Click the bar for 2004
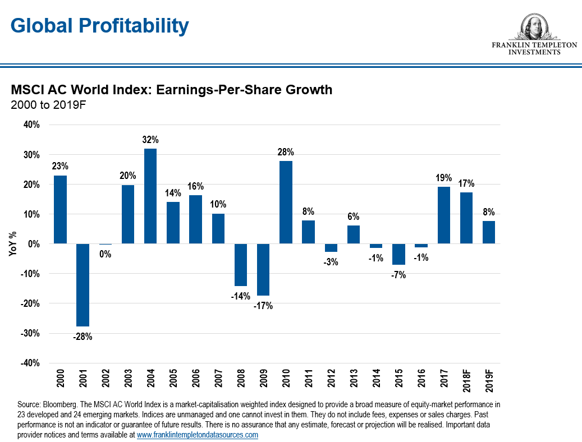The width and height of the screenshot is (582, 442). coord(150,196)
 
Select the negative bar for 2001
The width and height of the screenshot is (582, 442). coord(83,285)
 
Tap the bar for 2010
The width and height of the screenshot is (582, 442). coord(286,202)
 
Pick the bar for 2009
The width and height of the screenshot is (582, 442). coord(263,270)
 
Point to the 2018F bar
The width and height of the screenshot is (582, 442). coord(466,218)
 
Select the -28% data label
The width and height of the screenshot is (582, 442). coord(83,337)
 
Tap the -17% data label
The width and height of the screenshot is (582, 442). coord(263,306)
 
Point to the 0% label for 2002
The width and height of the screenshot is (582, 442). coord(106,254)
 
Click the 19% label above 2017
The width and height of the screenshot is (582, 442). coord(443,178)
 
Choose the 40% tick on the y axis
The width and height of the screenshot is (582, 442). coord(31,125)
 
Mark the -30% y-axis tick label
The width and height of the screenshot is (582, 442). coord(30,333)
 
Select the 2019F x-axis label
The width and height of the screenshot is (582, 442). coord(489,380)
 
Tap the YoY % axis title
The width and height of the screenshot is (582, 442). coord(12,245)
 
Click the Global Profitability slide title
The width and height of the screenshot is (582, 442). coord(100,25)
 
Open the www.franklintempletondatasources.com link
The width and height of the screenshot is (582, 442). coord(198,435)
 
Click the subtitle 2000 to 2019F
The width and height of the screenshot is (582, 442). coord(48,104)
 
